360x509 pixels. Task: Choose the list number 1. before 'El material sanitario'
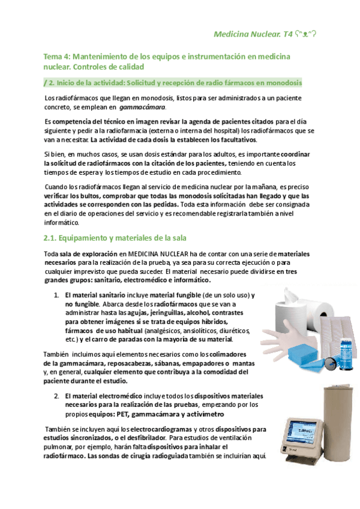pos(56,295)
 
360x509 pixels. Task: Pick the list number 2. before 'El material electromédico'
pos(56,396)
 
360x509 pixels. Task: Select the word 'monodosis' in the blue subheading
pos(283,82)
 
